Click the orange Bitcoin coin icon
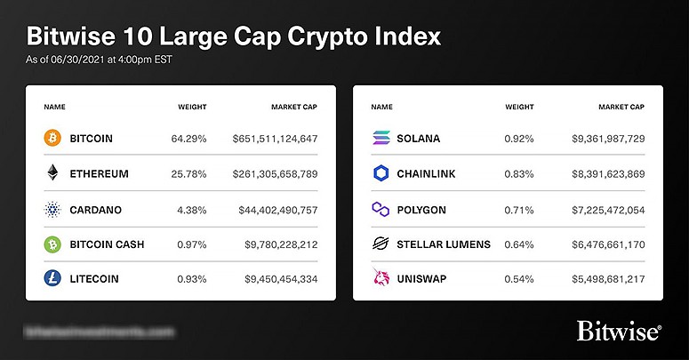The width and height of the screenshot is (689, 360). [52, 139]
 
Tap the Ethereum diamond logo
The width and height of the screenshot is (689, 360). [52, 173]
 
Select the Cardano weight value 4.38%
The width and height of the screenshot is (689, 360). [188, 209]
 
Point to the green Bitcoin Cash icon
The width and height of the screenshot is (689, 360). [52, 244]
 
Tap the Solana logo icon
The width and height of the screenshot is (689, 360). [380, 139]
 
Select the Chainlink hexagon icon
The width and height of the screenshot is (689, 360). [380, 173]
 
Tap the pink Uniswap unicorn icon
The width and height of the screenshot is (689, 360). [380, 278]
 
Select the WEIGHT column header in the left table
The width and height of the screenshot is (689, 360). [192, 107]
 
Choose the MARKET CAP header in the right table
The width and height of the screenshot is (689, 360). [622, 107]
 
